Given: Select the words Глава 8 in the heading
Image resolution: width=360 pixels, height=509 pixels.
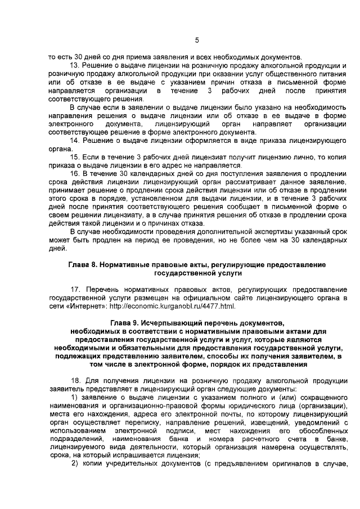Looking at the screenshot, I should click(x=83, y=264).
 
